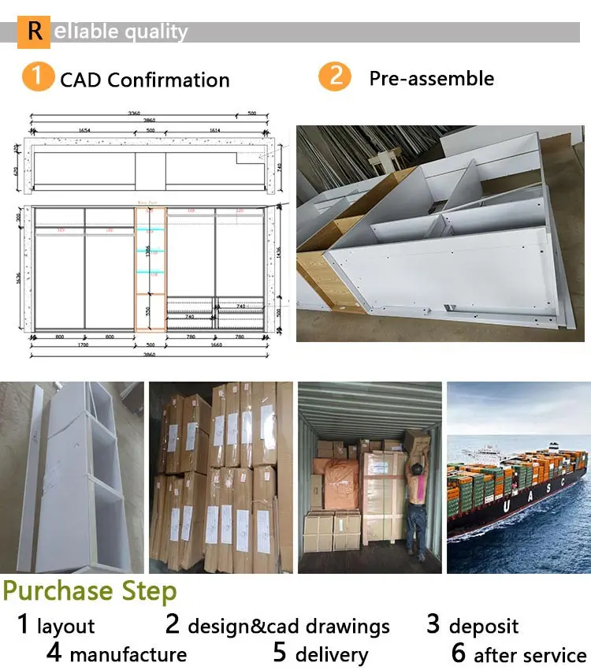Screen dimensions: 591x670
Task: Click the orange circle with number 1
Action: [x=36, y=78]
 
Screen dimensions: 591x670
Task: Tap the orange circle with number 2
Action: [x=334, y=77]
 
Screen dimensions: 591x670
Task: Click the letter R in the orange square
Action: [x=35, y=31]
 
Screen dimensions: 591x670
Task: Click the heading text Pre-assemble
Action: [x=432, y=78]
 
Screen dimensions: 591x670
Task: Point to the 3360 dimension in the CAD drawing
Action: [x=135, y=114]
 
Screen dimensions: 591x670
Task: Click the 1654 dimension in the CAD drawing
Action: [x=84, y=128]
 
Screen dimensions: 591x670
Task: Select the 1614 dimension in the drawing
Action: [x=215, y=128]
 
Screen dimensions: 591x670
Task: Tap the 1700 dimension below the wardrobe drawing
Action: [x=82, y=344]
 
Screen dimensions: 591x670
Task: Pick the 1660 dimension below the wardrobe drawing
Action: [x=214, y=344]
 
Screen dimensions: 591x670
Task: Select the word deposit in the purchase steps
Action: [x=483, y=627]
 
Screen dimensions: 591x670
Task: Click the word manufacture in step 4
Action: [x=128, y=655]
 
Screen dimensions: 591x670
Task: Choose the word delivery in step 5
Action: [x=332, y=655]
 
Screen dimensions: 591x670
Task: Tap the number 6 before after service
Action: [x=459, y=653]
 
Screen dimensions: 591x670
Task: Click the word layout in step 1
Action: [x=65, y=627]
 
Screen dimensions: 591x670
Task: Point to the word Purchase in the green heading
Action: [x=58, y=591]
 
